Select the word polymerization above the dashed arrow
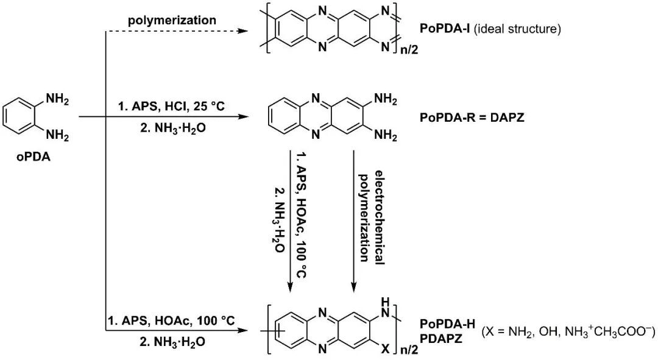point(172,20)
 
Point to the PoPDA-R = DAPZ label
point(472,117)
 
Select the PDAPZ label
point(442,336)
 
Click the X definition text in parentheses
point(568,331)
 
